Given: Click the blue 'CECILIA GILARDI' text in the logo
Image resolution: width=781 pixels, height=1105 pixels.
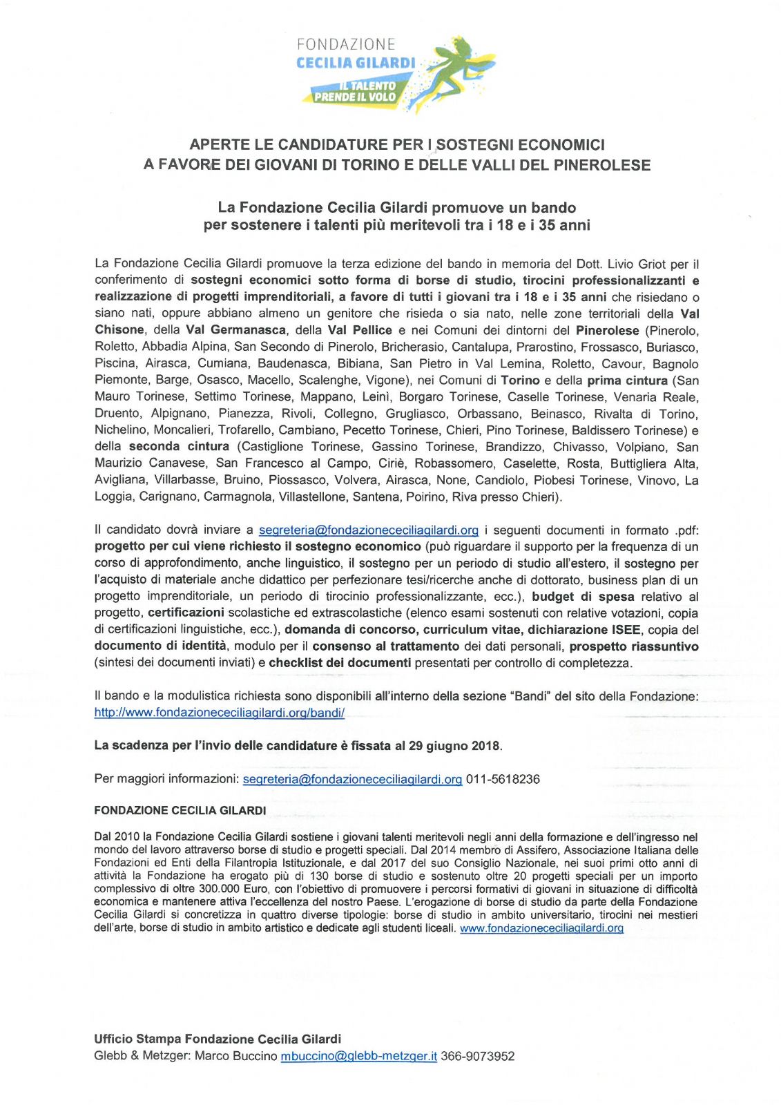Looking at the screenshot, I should click(x=356, y=63).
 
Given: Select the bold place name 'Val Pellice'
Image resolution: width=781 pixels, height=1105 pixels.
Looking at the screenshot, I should click(x=360, y=330).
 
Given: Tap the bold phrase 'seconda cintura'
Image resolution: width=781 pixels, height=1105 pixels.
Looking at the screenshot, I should click(x=179, y=447).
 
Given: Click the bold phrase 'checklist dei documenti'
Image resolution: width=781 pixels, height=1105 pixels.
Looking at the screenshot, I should click(x=340, y=663).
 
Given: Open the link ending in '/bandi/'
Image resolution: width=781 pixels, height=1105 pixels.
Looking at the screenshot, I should click(x=220, y=713).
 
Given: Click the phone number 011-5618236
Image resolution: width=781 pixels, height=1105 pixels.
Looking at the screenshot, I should click(x=503, y=779).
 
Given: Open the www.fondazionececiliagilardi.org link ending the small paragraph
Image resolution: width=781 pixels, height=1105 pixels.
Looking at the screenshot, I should click(x=541, y=928).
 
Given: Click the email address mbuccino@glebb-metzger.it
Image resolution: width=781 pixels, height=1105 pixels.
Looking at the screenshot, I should click(x=358, y=1056).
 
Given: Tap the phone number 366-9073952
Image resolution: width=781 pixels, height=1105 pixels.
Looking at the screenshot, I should click(x=477, y=1056).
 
